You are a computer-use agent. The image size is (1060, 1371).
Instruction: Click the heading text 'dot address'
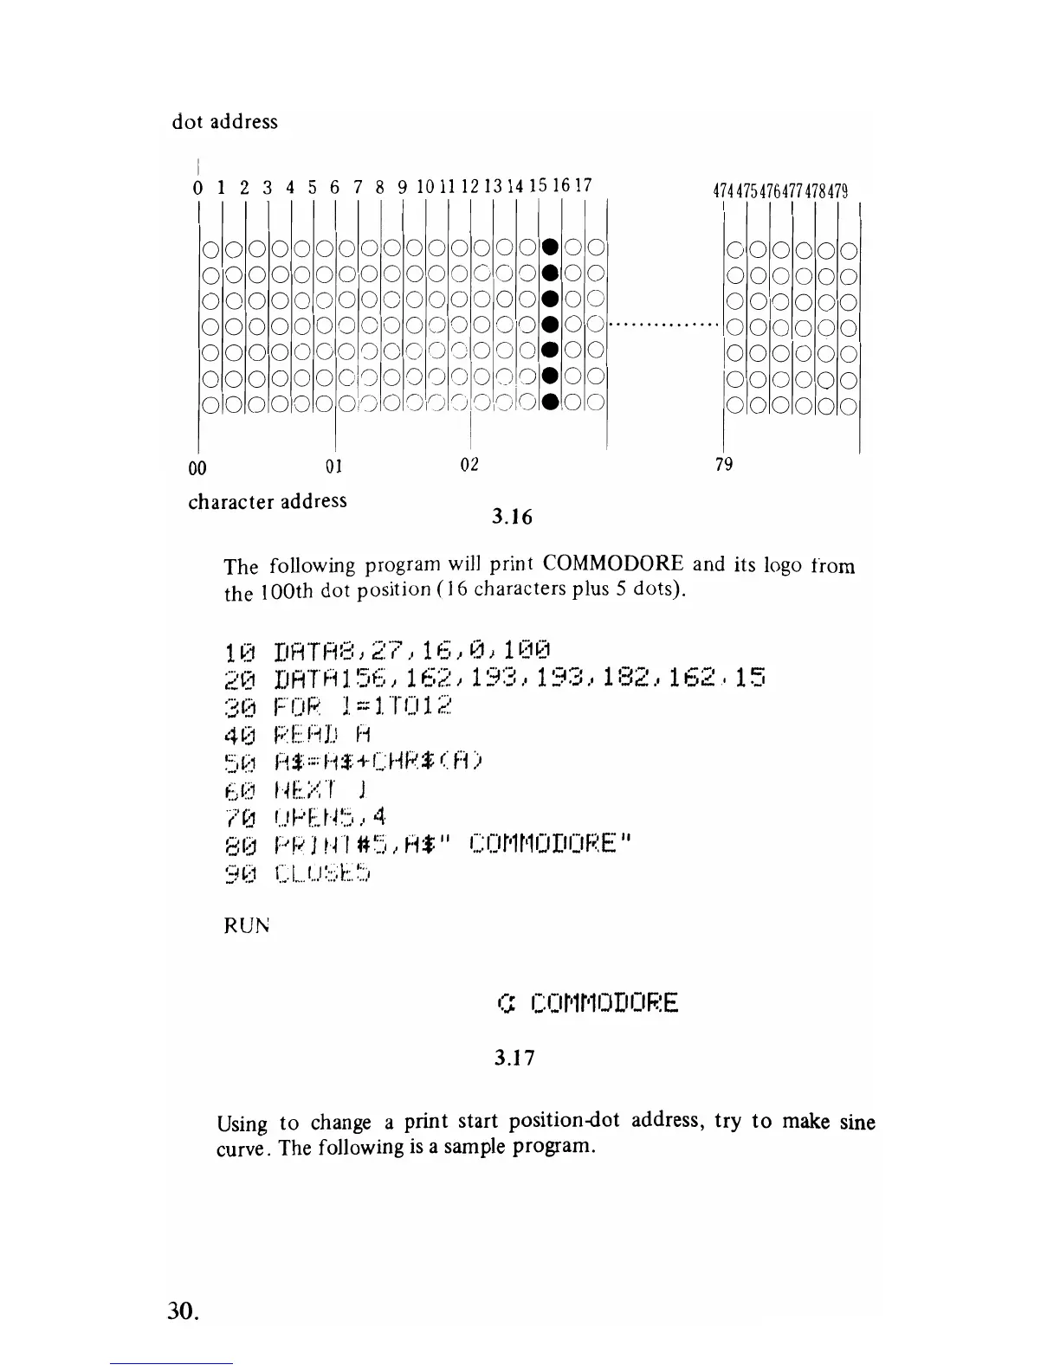pos(225,121)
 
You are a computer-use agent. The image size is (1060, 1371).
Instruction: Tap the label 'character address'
pos(267,501)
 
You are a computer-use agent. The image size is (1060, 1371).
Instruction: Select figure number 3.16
pos(512,518)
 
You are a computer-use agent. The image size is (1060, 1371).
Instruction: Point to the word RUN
pos(247,925)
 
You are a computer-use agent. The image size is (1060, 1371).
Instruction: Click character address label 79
pos(724,465)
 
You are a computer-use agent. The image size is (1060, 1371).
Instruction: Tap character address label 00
pos(197,468)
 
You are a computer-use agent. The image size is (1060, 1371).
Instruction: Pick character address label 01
pos(334,467)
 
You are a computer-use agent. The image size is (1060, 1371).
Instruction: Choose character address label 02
pos(469,465)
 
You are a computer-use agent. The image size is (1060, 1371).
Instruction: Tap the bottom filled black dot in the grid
pos(548,402)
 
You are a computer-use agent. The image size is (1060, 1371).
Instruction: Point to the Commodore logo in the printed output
pos(507,1003)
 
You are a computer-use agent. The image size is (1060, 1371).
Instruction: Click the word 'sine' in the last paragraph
pos(857,1123)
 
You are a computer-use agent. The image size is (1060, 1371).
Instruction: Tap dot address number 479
pos(838,190)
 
